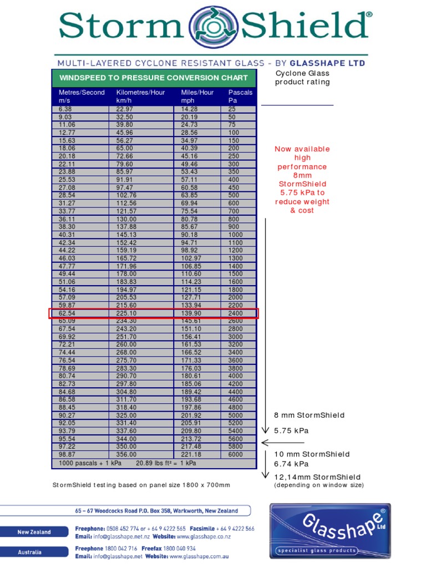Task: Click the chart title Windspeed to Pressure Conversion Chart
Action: pyautogui.click(x=153, y=78)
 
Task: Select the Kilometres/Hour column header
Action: pyautogui.click(x=140, y=97)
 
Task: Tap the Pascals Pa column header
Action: pyautogui.click(x=240, y=97)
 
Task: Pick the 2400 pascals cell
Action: pyautogui.click(x=236, y=313)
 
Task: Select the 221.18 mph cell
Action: pyautogui.click(x=191, y=454)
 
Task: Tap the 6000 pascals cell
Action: pyautogui.click(x=236, y=454)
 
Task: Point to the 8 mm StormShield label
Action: pyautogui.click(x=309, y=415)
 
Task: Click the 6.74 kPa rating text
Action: pyautogui.click(x=291, y=464)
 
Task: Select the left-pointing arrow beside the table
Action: pyautogui.click(x=282, y=443)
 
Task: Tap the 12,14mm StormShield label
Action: pyautogui.click(x=317, y=477)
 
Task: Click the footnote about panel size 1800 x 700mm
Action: pyautogui.click(x=141, y=485)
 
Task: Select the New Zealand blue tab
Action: pyautogui.click(x=34, y=532)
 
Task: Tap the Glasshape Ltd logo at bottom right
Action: pyautogui.click(x=330, y=531)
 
